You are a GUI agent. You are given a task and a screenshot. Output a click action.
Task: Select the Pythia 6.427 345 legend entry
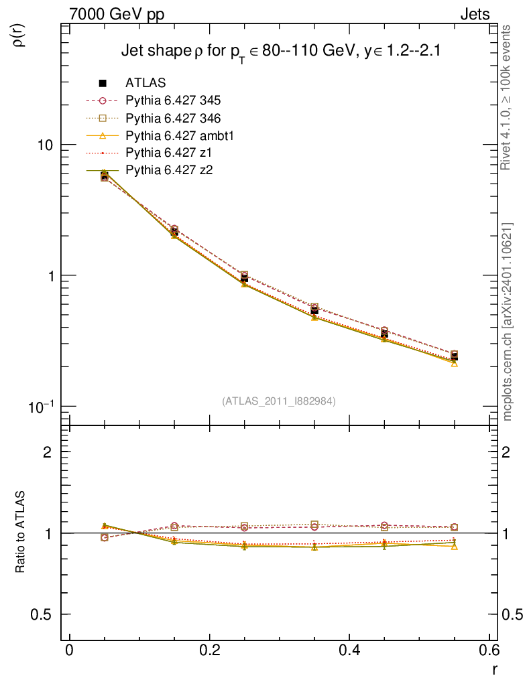[x=173, y=100]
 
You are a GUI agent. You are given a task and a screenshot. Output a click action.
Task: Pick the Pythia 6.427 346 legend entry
[x=173, y=118]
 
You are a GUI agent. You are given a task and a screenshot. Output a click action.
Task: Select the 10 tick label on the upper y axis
[x=46, y=145]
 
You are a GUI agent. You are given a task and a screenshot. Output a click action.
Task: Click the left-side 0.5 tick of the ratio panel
[x=42, y=614]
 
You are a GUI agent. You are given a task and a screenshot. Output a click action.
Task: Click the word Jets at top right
[x=474, y=14]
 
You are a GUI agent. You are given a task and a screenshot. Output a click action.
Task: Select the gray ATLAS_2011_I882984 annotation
[x=279, y=401]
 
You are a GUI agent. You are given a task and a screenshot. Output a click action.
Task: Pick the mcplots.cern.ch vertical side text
[x=508, y=322]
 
